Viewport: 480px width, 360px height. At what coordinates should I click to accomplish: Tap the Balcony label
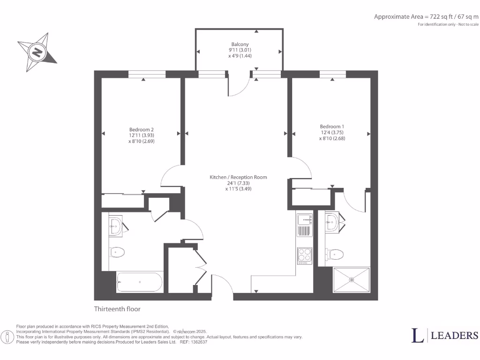[x=240, y=45]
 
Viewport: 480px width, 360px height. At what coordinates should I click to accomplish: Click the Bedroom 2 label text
[x=142, y=129]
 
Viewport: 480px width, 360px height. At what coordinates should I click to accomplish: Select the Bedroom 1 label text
[x=332, y=127]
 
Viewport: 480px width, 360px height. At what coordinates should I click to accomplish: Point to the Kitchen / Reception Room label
[x=238, y=177]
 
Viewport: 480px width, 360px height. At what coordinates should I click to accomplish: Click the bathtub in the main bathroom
[x=139, y=282]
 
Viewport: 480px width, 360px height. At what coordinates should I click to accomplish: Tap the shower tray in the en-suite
[x=351, y=280]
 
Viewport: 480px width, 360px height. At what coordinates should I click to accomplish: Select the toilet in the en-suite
[x=335, y=254]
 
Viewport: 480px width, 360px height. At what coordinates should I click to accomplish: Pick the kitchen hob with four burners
[x=304, y=256]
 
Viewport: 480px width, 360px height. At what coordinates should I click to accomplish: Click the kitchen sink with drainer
[x=304, y=225]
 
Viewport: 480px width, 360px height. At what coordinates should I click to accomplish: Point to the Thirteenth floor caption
[x=117, y=309]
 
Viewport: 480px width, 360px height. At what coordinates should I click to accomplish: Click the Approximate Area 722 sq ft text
[x=426, y=16]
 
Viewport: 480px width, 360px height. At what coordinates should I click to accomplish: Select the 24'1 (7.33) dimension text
[x=238, y=183]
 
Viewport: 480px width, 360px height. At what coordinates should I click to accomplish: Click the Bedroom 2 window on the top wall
[x=147, y=74]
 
